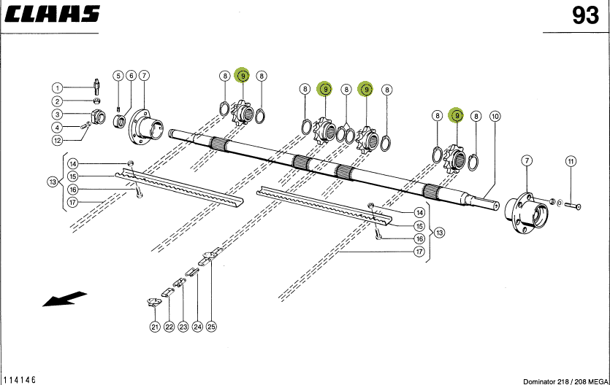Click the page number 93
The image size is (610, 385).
click(x=584, y=15)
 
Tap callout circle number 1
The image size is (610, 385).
click(x=57, y=87)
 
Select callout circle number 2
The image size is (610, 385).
click(x=57, y=101)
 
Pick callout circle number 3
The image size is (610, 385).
click(x=57, y=114)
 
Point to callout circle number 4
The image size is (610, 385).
click(x=57, y=127)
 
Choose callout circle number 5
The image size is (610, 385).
click(x=117, y=75)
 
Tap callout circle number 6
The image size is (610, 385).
click(x=130, y=75)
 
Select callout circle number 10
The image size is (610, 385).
click(x=495, y=116)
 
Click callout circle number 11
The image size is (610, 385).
click(x=571, y=160)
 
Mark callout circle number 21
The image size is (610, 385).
click(x=155, y=327)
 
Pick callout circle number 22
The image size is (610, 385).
click(x=169, y=327)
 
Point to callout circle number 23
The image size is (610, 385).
click(x=183, y=327)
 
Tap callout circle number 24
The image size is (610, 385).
click(x=197, y=327)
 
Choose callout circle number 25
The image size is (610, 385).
click(x=212, y=327)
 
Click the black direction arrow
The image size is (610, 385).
click(x=64, y=299)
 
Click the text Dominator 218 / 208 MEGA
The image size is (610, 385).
click(x=564, y=381)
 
